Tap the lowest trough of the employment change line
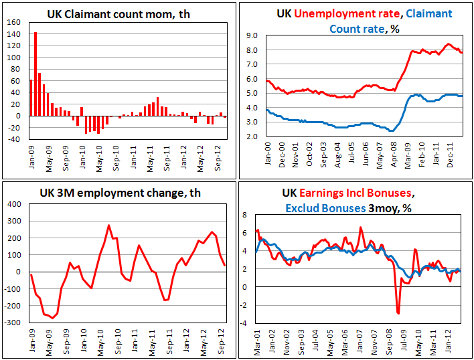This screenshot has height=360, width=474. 52,318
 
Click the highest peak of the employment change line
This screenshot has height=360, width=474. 109,226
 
